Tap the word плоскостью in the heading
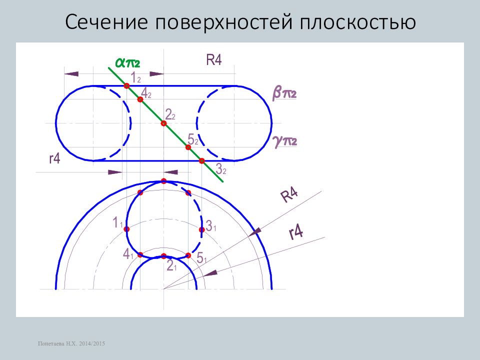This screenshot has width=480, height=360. click(x=357, y=22)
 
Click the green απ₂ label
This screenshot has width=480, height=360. click(x=127, y=63)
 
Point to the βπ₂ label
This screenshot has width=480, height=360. click(x=284, y=93)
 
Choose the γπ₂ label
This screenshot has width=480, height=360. click(x=284, y=141)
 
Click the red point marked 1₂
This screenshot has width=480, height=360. click(x=126, y=86)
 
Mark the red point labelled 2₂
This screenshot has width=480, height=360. click(x=164, y=123)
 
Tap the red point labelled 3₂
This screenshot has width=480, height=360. click(x=201, y=160)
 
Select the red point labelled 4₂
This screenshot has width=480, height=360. click(x=140, y=99)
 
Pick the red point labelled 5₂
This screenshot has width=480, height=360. click(x=188, y=147)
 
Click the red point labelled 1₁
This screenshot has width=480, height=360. click(x=126, y=229)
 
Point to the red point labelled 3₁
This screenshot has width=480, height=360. click(x=201, y=229)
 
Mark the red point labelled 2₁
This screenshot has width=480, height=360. click(x=164, y=256)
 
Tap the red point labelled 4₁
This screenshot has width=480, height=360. click(x=140, y=254)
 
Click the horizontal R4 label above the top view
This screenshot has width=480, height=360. click(x=213, y=59)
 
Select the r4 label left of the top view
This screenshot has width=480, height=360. click(x=55, y=158)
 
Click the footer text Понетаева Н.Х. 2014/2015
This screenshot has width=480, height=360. click(x=71, y=343)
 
